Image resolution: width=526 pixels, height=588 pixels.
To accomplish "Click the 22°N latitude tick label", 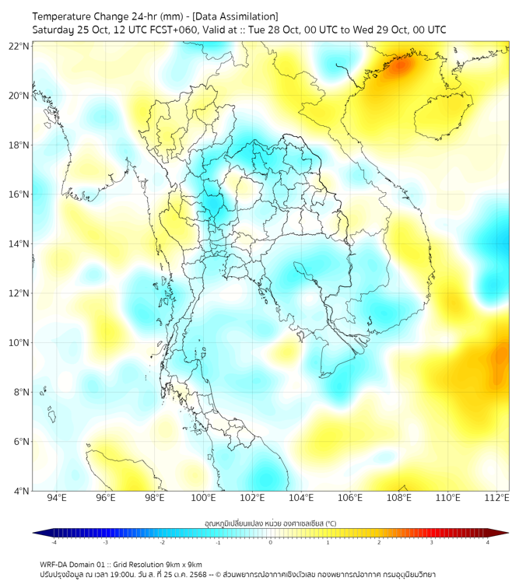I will click(x=19, y=46).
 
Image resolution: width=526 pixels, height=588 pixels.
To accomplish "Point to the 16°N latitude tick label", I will click(x=19, y=194).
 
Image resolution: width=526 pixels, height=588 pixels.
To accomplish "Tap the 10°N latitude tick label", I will click(x=19, y=343).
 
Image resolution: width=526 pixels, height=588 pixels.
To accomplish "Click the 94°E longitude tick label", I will click(x=57, y=498).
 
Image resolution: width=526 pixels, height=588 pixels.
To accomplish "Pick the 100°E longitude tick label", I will click(x=203, y=498).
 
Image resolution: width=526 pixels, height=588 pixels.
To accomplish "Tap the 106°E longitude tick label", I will click(x=350, y=498).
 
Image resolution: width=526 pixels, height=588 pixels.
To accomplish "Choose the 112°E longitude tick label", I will click(x=496, y=498).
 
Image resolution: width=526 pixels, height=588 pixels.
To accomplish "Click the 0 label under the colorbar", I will click(x=271, y=542).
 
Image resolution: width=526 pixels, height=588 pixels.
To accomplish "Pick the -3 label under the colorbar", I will click(x=106, y=542).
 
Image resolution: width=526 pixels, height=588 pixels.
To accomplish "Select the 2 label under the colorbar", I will click(x=379, y=542).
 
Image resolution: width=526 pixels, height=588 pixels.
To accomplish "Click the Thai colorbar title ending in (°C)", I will click(x=270, y=522).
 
